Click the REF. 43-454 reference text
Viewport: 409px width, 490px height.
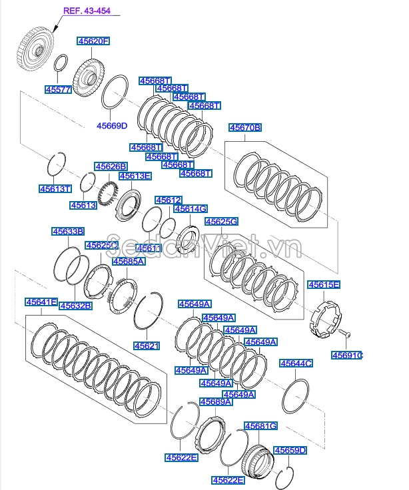(87, 11)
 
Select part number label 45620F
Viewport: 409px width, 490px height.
(93, 41)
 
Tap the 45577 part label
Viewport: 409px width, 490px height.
(59, 90)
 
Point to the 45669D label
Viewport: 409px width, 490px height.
(112, 126)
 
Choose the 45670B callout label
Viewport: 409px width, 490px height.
(245, 128)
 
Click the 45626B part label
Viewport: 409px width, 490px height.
(111, 166)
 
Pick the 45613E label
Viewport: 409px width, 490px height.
(135, 176)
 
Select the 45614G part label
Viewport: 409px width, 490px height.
(191, 209)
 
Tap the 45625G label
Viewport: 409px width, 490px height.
(221, 222)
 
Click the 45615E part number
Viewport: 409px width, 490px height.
(324, 285)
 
